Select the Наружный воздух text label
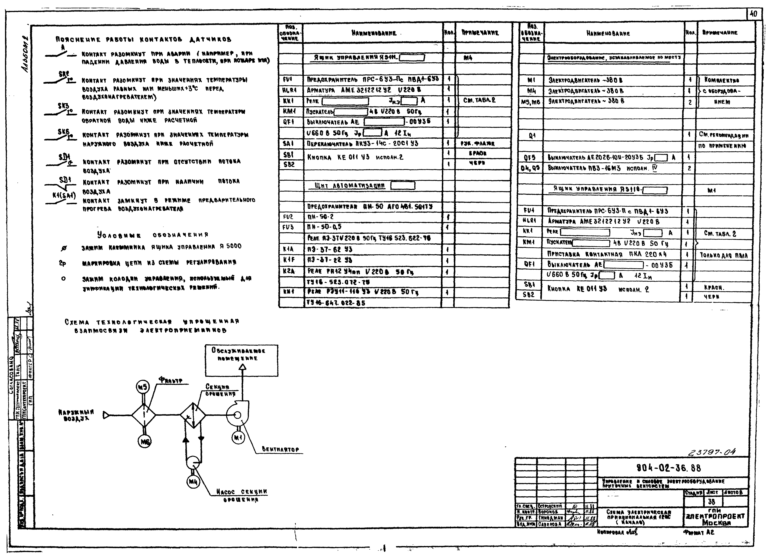[x=76, y=415]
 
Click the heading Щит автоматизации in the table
[x=350, y=186]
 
